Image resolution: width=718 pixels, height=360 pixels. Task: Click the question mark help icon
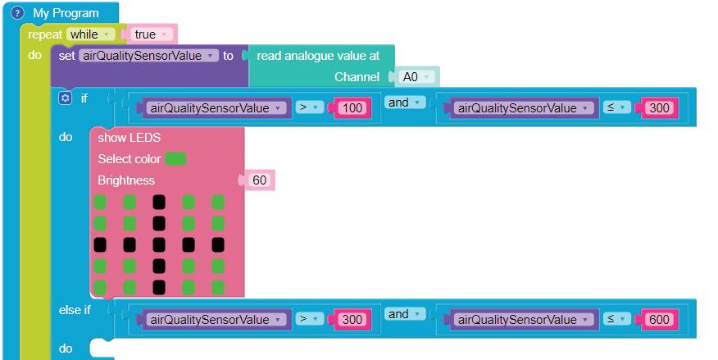tap(18, 13)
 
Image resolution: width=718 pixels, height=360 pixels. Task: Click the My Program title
tap(66, 13)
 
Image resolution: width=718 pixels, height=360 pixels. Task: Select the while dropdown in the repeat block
tap(91, 34)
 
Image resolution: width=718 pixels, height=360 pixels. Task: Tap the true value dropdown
tap(152, 34)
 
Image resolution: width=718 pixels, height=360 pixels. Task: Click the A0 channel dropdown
tap(416, 77)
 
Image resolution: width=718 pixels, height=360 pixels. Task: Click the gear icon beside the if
tap(66, 98)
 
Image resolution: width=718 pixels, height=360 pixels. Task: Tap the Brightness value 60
tap(259, 180)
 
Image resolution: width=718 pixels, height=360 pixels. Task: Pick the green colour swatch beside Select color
tap(175, 158)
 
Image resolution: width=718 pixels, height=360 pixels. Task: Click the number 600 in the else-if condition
tap(658, 320)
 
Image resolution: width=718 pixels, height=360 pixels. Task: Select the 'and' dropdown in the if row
tap(405, 103)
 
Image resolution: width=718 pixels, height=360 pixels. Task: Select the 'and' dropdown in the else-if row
tap(405, 314)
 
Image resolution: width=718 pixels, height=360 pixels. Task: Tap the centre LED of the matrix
tap(159, 244)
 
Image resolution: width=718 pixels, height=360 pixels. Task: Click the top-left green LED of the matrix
tap(101, 202)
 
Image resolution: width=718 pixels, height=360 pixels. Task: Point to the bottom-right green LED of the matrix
tap(218, 287)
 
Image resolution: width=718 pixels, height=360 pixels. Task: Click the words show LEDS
tap(130, 138)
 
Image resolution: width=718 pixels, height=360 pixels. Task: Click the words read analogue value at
tap(318, 56)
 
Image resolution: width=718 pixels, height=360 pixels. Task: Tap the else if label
tap(75, 310)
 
